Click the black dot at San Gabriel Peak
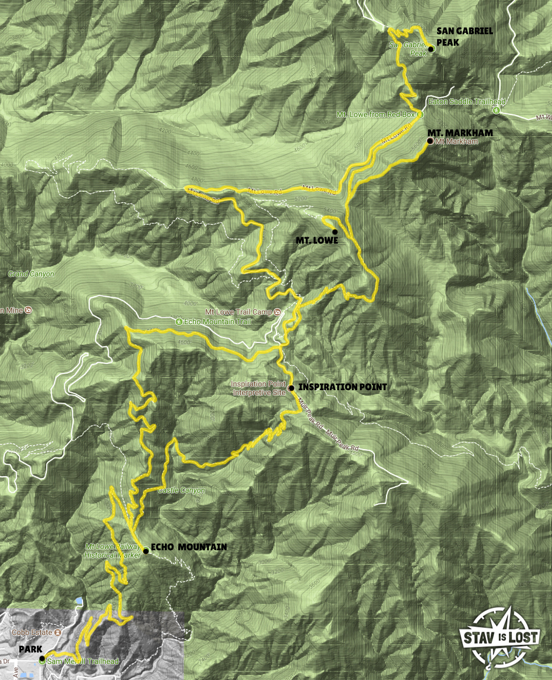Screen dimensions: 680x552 point(431,49)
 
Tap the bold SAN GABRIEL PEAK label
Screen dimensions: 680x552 point(464,36)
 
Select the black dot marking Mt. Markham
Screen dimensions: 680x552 point(430,141)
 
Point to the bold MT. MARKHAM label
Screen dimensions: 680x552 point(460,133)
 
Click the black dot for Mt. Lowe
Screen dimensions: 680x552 point(335,232)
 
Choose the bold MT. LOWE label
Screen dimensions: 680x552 point(317,240)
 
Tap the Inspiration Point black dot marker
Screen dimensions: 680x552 point(291,388)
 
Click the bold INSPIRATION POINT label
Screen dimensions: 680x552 point(342,387)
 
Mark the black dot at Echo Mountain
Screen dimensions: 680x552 point(146,551)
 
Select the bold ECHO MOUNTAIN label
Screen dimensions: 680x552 point(188,547)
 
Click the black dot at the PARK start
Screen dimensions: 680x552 point(42,657)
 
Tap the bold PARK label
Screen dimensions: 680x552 point(31,649)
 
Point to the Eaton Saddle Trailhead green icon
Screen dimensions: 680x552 point(496,111)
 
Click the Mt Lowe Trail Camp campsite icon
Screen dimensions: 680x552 point(277,312)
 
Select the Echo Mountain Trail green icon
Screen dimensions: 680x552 point(178,321)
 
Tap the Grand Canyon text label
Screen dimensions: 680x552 point(31,274)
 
